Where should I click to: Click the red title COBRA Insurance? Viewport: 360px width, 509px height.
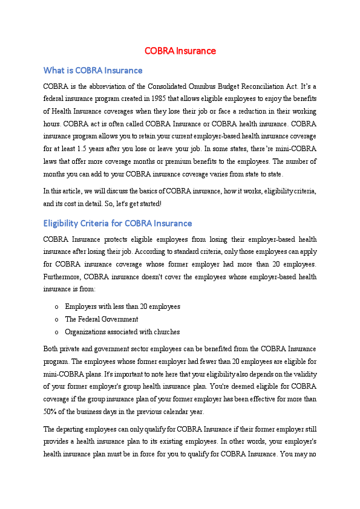pyautogui.click(x=180, y=51)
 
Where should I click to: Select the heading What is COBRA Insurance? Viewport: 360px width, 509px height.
pyautogui.click(x=93, y=71)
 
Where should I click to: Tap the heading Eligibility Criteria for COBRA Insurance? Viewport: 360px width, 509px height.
pyautogui.click(x=118, y=223)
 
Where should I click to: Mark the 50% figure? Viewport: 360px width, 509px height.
pyautogui.click(x=51, y=411)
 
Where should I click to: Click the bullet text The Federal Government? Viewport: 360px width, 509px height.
pyautogui.click(x=102, y=319)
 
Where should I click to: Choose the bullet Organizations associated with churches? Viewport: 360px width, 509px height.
pyautogui.click(x=122, y=332)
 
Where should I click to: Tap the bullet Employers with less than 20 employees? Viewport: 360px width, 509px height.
pyautogui.click(x=122, y=306)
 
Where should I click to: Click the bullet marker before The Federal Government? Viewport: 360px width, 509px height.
pyautogui.click(x=56, y=319)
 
